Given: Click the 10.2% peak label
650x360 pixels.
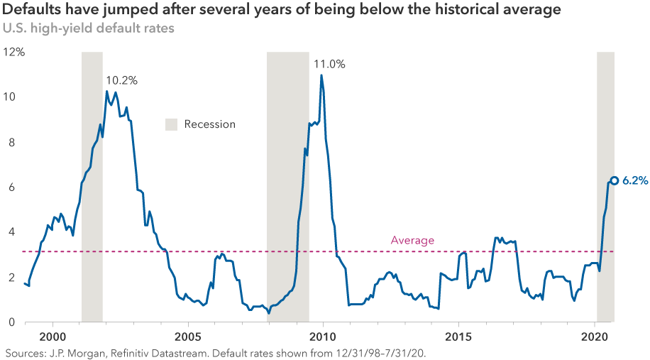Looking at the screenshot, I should [x=121, y=80].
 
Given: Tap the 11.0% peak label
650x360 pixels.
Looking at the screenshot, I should [x=329, y=64].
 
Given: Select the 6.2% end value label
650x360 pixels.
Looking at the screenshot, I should [x=635, y=181].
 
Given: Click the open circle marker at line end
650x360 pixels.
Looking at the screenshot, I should [x=615, y=180].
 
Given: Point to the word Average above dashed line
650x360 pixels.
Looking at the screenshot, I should [x=412, y=241].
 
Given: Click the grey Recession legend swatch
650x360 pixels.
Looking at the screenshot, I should [x=171, y=124].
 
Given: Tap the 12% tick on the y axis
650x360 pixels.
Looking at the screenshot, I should [x=14, y=52].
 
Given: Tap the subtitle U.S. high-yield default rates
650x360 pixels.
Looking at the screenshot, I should [x=88, y=30].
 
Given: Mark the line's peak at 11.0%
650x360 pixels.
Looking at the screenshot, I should [x=321, y=75].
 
